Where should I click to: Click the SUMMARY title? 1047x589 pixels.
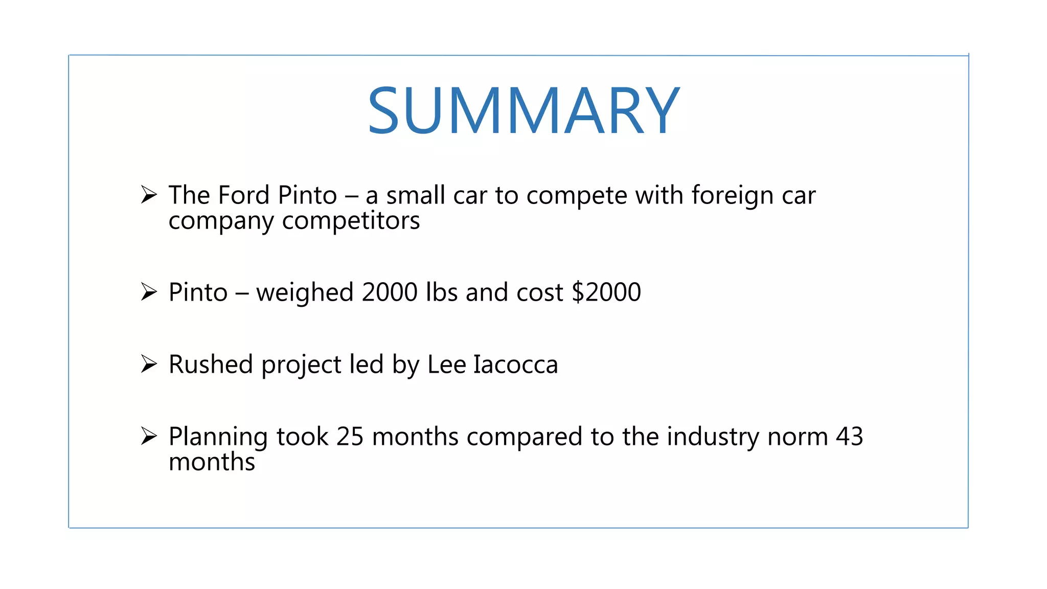tap(523, 110)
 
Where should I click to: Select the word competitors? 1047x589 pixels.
tap(351, 221)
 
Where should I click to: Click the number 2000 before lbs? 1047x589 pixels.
tap(390, 292)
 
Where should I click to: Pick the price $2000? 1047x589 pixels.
tap(606, 292)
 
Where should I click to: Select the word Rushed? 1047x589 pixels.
tap(211, 365)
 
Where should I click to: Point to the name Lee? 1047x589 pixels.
tap(446, 365)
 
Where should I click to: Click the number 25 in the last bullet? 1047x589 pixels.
tap(350, 437)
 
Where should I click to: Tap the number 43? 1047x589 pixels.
tap(849, 437)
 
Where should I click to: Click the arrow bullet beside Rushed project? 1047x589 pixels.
tap(149, 364)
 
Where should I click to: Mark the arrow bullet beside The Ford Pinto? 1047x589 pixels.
tap(149, 195)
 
